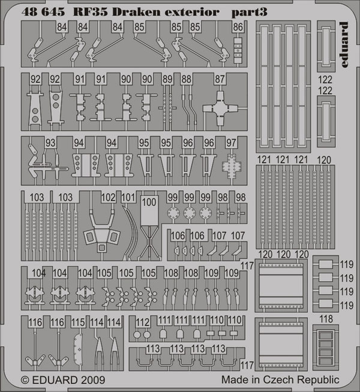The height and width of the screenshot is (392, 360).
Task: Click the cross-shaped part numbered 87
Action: click(220, 108)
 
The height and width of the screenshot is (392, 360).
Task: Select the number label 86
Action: click(238, 27)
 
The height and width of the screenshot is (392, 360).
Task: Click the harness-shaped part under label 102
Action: click(101, 231)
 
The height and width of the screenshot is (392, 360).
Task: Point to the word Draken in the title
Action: click(136, 12)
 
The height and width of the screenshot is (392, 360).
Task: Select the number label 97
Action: click(231, 143)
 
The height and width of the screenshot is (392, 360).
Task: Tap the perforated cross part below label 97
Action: click(232, 166)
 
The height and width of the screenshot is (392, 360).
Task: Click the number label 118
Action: click(326, 319)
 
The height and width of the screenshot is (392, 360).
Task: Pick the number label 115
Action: click(78, 322)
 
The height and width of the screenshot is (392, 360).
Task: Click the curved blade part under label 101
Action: click(131, 232)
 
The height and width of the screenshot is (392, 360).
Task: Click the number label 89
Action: click(167, 79)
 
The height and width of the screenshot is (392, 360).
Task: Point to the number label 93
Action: click(50, 143)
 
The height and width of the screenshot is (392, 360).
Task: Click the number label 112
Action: click(142, 322)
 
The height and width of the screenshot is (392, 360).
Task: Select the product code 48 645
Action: click(43, 12)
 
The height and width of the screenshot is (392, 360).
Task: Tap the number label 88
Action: click(187, 79)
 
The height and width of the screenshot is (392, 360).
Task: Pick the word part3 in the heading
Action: click(249, 13)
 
